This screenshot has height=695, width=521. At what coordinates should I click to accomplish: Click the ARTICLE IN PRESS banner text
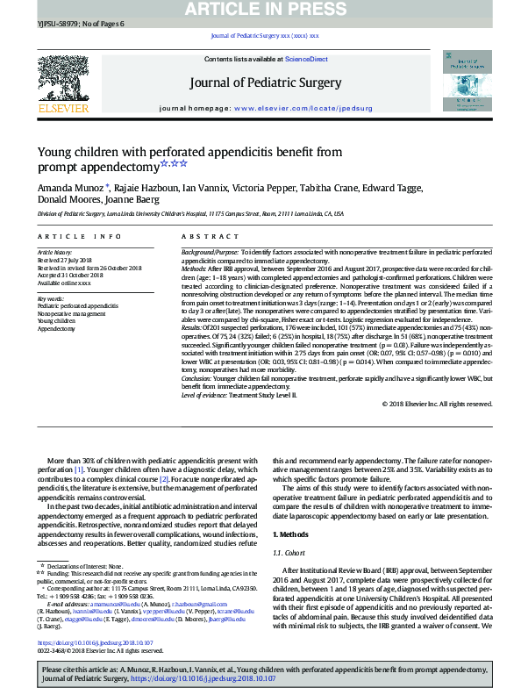(260, 8)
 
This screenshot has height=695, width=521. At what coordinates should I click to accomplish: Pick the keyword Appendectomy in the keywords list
(57, 329)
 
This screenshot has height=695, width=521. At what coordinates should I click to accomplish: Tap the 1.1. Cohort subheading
(289, 555)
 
